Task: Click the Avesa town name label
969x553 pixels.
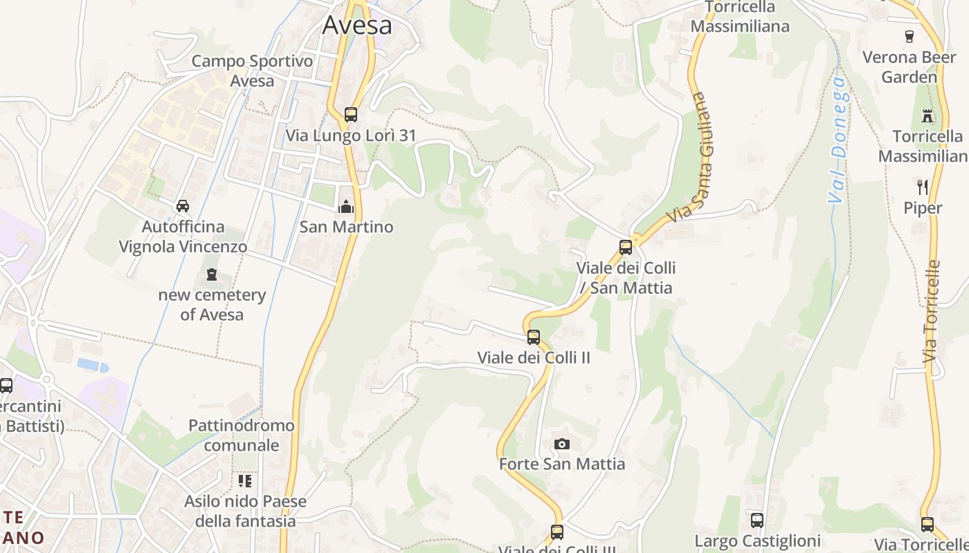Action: pyautogui.click(x=357, y=26)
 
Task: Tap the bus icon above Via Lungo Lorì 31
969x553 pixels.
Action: pyautogui.click(x=351, y=115)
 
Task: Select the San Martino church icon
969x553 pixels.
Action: pyautogui.click(x=345, y=206)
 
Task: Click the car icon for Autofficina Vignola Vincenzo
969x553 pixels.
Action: pyautogui.click(x=183, y=205)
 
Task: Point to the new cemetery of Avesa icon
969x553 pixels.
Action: pyautogui.click(x=212, y=274)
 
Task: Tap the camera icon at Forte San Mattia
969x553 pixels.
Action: pyautogui.click(x=562, y=444)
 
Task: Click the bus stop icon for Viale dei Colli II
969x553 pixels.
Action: pyautogui.click(x=534, y=337)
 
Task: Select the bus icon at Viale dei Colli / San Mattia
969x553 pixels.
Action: pyautogui.click(x=626, y=247)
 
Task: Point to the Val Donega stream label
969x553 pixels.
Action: pyautogui.click(x=837, y=139)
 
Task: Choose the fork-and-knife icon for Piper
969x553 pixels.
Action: pyautogui.click(x=923, y=187)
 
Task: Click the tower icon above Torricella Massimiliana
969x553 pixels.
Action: pyautogui.click(x=927, y=115)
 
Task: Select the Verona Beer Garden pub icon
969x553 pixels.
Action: pyautogui.click(x=909, y=36)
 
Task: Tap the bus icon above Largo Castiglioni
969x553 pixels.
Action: pyautogui.click(x=757, y=520)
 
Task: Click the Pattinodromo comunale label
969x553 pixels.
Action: pyautogui.click(x=242, y=435)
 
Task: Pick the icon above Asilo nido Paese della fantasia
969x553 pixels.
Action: pyautogui.click(x=245, y=480)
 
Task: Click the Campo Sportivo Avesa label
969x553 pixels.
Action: pyautogui.click(x=242, y=71)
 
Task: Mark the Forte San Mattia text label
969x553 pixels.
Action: pyautogui.click(x=562, y=464)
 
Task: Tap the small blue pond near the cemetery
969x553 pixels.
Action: pyautogui.click(x=93, y=364)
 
